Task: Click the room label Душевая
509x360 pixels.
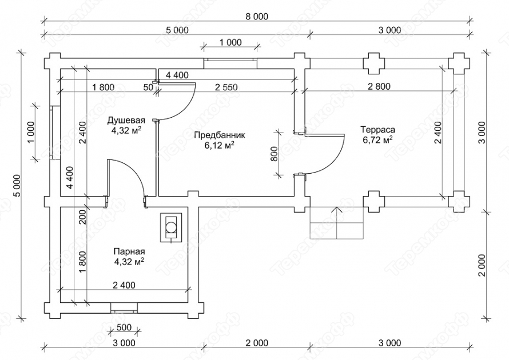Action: tap(126, 121)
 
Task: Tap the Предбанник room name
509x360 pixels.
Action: tap(220, 135)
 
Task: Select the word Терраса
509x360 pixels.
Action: tap(378, 130)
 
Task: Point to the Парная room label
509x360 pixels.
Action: tap(129, 251)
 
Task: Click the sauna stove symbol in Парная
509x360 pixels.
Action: tap(171, 227)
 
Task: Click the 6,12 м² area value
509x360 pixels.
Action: tap(220, 145)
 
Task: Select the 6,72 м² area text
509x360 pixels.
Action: tap(378, 140)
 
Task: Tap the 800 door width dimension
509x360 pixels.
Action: tap(274, 154)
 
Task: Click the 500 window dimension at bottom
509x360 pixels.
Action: tap(124, 327)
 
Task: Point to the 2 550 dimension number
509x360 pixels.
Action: tap(226, 87)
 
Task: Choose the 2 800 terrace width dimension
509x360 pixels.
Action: tap(379, 87)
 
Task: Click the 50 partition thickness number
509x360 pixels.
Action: tap(148, 87)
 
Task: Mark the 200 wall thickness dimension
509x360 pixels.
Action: tap(82, 217)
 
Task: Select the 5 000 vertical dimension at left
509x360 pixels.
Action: tap(17, 186)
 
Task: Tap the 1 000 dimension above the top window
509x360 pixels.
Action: tap(230, 42)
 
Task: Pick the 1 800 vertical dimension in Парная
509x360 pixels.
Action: tap(82, 263)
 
